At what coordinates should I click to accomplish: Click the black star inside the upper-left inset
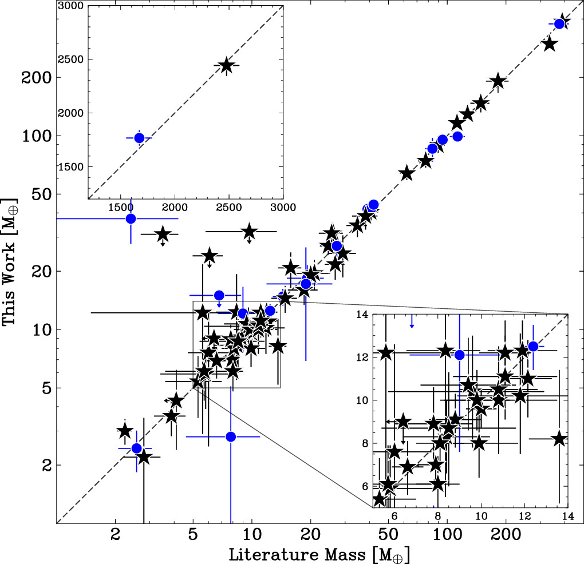[226, 66]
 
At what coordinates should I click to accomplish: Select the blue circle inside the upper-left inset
[139, 138]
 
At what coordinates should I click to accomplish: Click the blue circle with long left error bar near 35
[131, 219]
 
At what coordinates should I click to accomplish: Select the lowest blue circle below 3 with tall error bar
[231, 436]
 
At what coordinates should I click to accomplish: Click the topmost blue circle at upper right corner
[559, 23]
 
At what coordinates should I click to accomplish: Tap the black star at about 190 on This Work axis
[498, 81]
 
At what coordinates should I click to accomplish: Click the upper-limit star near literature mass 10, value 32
[249, 232]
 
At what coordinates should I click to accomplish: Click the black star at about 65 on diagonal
[407, 173]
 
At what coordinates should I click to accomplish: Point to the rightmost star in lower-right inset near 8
[559, 439]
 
